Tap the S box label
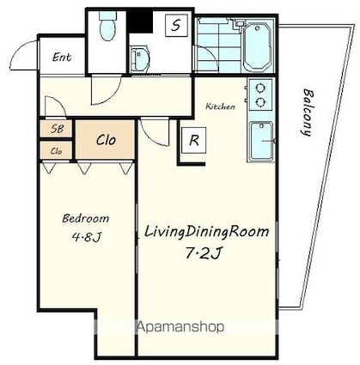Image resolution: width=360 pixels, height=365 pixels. [x=176, y=26]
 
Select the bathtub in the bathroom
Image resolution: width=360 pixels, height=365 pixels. [x=257, y=47]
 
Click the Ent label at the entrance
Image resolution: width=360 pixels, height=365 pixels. [x=62, y=57]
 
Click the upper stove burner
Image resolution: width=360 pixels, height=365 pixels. [x=260, y=88]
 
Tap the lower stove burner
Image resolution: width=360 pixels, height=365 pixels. [x=260, y=101]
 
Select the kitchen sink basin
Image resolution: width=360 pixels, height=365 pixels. [x=261, y=140]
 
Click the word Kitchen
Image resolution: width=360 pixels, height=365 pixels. [x=221, y=106]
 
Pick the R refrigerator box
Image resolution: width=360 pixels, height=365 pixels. [x=194, y=140]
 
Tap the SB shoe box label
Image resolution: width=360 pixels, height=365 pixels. [x=57, y=129]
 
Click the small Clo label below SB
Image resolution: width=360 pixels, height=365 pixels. [x=56, y=151]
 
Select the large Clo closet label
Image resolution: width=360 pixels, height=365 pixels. [x=106, y=140]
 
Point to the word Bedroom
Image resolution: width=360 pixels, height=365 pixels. [x=86, y=218]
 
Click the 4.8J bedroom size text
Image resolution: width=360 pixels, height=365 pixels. [x=87, y=237]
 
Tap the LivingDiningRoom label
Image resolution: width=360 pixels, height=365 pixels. [x=206, y=232]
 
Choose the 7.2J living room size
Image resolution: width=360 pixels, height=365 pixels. [x=204, y=252]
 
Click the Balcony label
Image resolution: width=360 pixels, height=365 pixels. [x=307, y=113]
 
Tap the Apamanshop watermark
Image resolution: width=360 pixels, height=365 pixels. [x=180, y=326]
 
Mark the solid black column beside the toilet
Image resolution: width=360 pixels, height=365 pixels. [x=140, y=21]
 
